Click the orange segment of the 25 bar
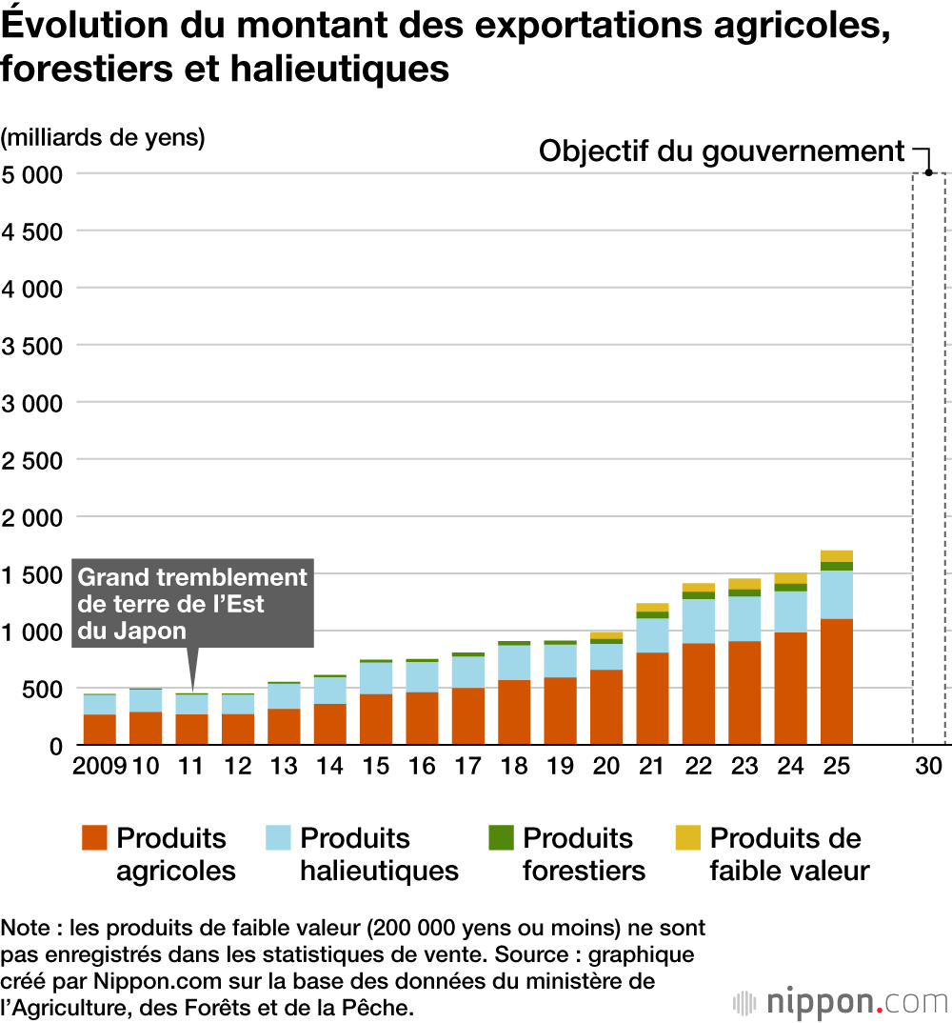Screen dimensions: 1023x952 point(836,681)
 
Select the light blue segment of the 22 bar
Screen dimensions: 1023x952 point(698,621)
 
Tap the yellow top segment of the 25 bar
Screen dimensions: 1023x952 point(836,555)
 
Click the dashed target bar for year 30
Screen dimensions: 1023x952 point(928,457)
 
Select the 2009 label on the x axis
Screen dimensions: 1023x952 point(100,767)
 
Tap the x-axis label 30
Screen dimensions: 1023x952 point(928,767)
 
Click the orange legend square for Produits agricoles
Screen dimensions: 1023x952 point(94,838)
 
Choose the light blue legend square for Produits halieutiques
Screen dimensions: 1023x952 point(278,838)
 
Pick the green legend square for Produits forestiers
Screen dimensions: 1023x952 point(501,838)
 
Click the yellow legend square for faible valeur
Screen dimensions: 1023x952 point(687,838)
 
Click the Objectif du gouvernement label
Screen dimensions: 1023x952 point(721,151)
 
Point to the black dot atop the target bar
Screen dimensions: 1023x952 point(928,173)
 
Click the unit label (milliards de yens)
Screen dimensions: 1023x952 point(103,137)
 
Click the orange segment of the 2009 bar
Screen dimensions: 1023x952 point(100,729)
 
